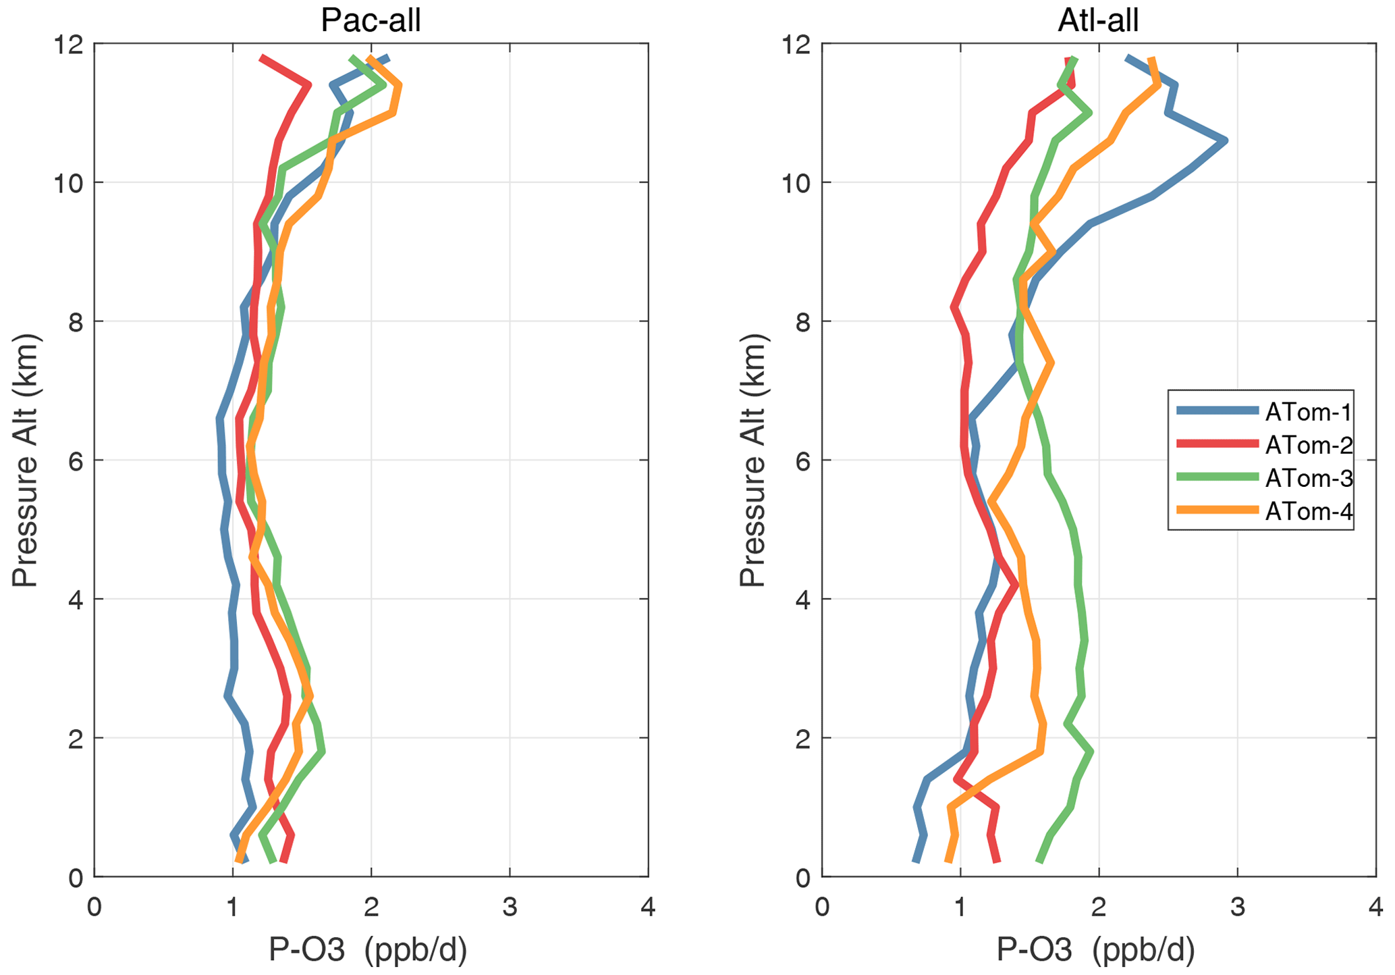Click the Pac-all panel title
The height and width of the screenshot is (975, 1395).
pos(371,20)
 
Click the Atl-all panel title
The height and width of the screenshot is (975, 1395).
pos(1098,20)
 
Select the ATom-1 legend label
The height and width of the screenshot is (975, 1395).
pos(1309,411)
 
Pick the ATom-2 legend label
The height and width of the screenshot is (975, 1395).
pos(1309,445)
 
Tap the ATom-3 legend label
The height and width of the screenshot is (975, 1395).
pos(1309,478)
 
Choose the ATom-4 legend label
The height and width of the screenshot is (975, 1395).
pos(1309,511)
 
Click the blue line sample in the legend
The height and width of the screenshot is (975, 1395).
pos(1217,411)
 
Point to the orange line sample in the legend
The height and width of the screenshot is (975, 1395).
pos(1217,510)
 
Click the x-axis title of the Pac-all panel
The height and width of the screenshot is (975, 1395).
pos(368,950)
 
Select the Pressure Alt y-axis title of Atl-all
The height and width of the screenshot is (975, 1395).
pos(753,460)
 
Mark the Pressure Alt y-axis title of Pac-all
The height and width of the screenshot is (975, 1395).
pos(25,460)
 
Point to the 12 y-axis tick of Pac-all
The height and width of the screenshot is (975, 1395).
pos(67,45)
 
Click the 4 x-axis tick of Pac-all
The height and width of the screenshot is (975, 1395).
pos(648,907)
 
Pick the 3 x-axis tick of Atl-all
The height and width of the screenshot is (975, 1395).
pos(1237,907)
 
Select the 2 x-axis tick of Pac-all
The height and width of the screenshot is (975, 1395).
pos(371,907)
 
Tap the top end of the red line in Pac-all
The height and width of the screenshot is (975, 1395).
pos(261,57)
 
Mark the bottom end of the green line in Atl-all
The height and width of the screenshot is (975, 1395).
pos(1039,862)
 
